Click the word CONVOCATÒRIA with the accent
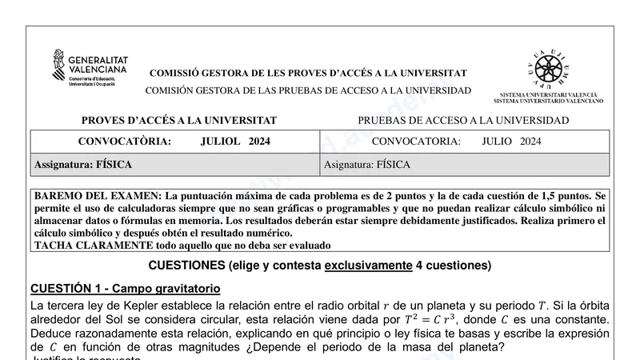tap(124, 142)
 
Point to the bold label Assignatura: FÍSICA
tap(82, 165)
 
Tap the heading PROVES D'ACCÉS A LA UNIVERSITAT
tap(178, 120)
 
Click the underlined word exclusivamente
tap(369, 265)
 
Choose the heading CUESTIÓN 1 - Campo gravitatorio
tap(125, 288)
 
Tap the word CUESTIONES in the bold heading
tap(186, 265)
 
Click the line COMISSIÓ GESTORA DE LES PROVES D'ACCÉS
tap(308, 73)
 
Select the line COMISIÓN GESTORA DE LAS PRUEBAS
tap(308, 90)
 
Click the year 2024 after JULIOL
tap(259, 142)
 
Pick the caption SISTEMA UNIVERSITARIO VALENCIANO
tap(548, 102)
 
